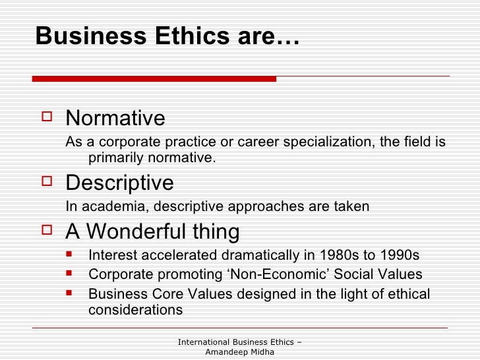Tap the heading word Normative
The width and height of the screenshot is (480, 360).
[x=115, y=119]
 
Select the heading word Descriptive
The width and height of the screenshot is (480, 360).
[x=119, y=182]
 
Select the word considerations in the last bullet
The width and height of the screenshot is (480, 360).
[x=135, y=309]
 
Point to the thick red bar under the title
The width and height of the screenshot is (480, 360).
[x=154, y=78]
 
